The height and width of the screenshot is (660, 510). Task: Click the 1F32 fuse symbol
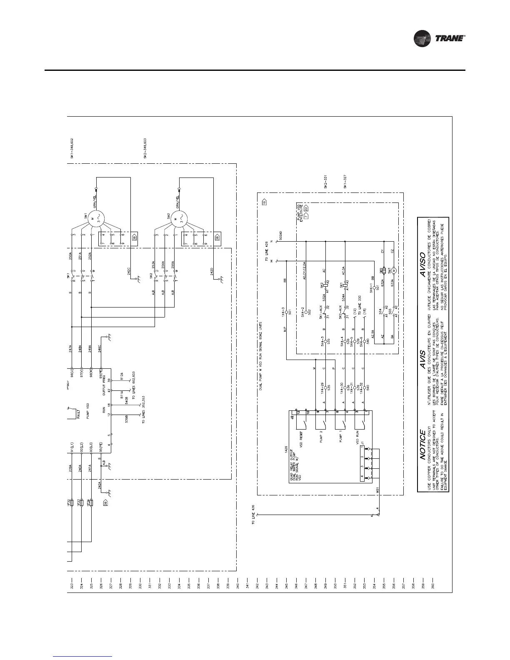click(x=72, y=503)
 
